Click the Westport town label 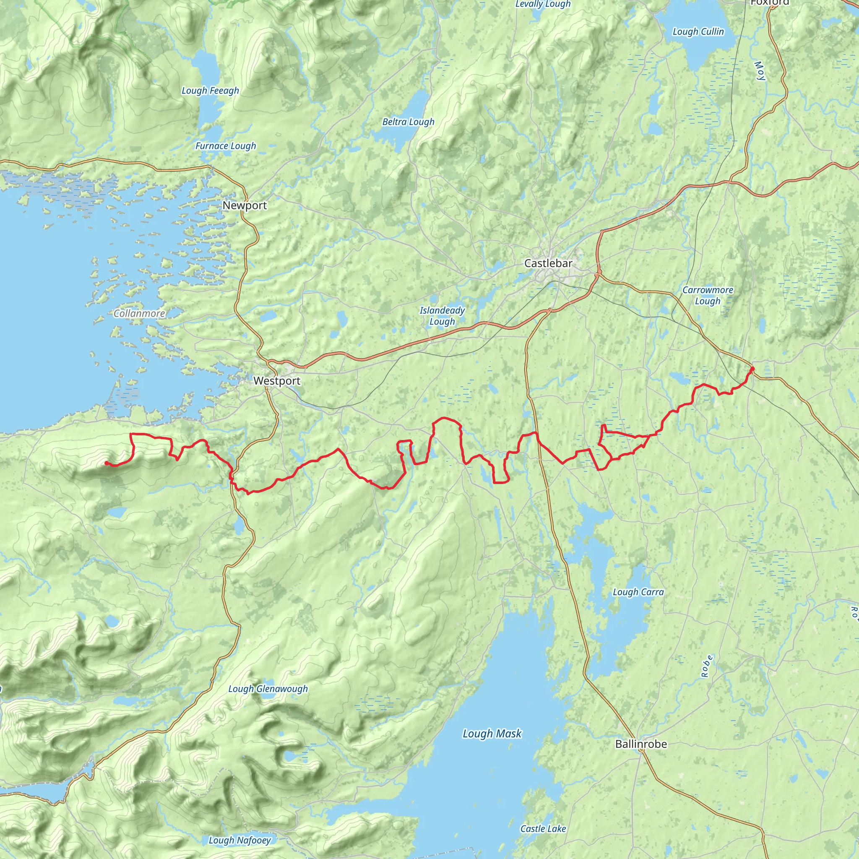click(x=276, y=381)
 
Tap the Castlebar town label click(x=548, y=264)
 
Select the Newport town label click(x=245, y=206)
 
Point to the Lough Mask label click(x=492, y=734)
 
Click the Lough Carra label click(x=638, y=592)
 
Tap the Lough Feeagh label click(x=210, y=91)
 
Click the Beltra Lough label click(x=408, y=122)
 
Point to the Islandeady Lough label click(x=442, y=316)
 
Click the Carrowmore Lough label click(x=708, y=295)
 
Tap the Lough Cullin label click(x=698, y=31)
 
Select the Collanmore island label click(x=139, y=313)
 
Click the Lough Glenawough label click(x=268, y=689)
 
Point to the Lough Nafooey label click(x=239, y=840)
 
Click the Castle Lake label click(x=543, y=829)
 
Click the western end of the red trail click(x=106, y=463)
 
